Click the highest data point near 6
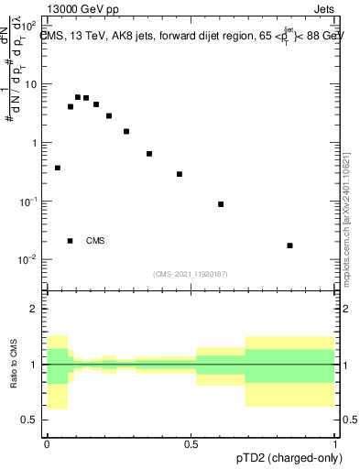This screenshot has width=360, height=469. pos(78,97)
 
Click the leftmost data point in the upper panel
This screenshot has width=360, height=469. pos(58,168)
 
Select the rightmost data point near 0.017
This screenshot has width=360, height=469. pos(289,245)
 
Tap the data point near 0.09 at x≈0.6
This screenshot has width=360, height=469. pos(221,204)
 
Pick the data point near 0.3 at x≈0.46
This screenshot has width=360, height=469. pos(180,174)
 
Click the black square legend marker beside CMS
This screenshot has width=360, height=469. pos(71,241)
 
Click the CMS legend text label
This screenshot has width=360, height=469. pos(95,241)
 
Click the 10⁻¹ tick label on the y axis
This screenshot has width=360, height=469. pos(30,202)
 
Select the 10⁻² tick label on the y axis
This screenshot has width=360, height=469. pos(30,260)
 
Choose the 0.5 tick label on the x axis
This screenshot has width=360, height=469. pos(191,442)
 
